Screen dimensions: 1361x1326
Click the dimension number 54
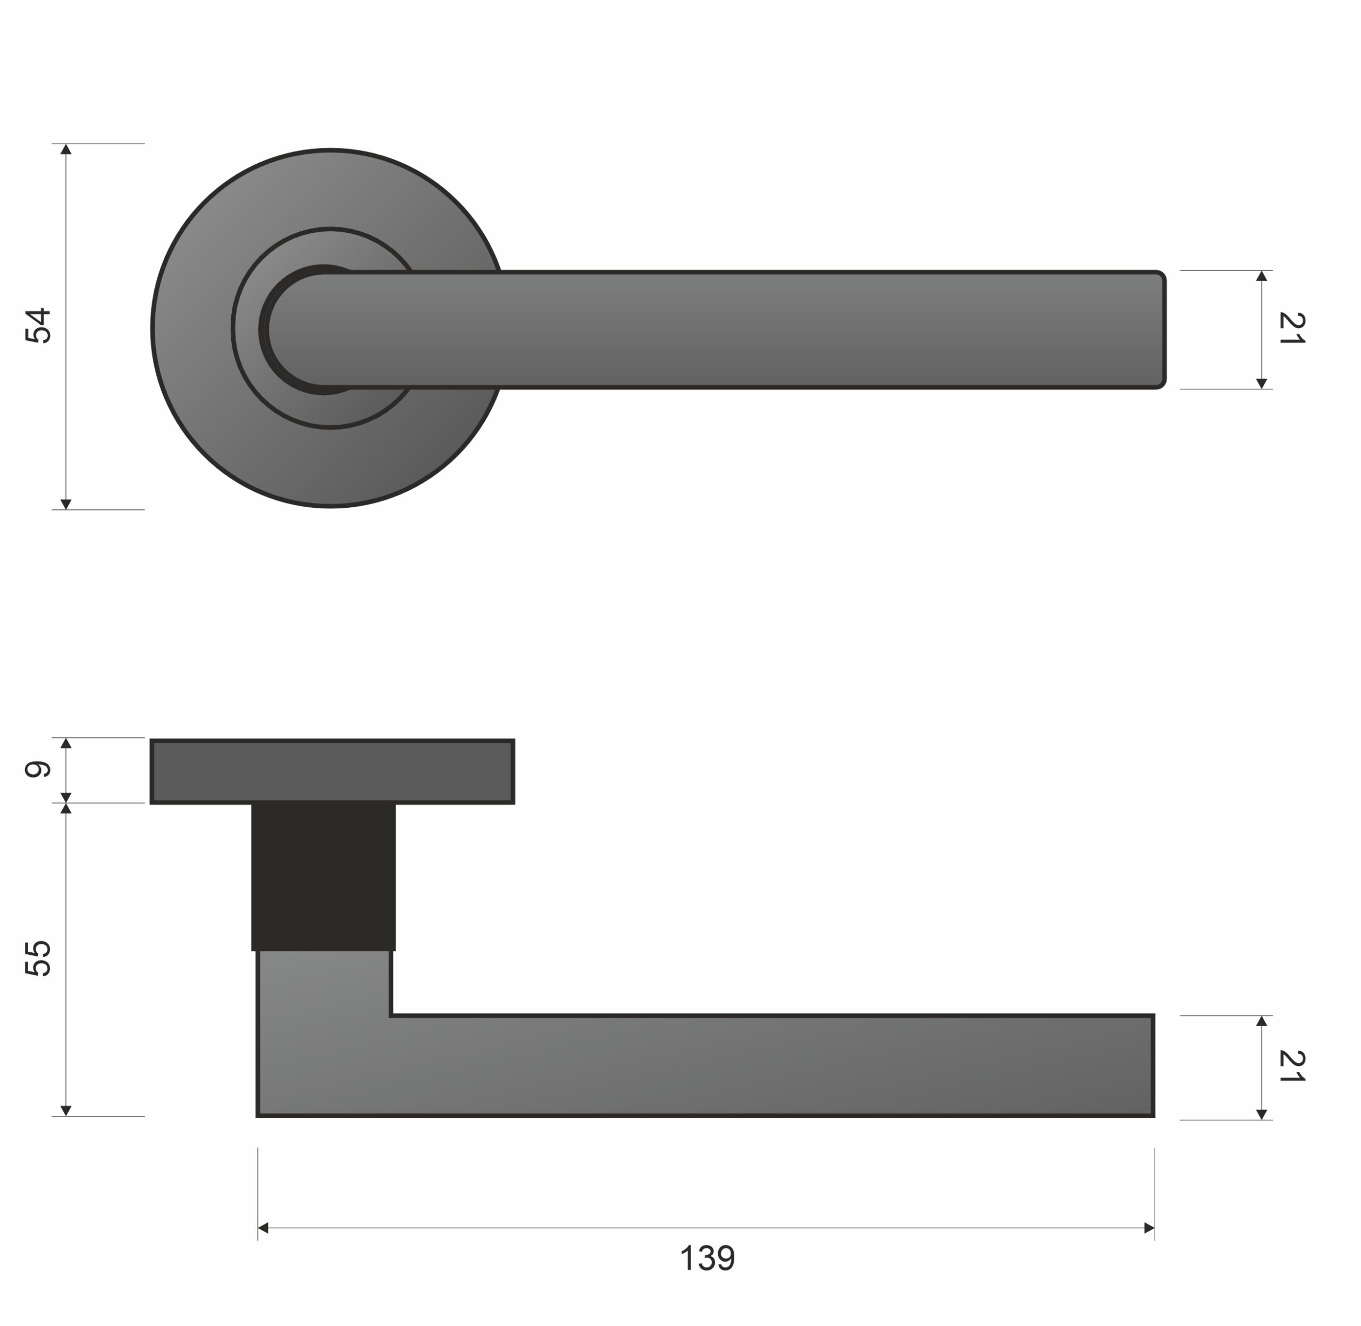coord(38,325)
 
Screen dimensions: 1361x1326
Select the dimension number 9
coord(38,769)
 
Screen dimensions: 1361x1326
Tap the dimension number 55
coord(38,959)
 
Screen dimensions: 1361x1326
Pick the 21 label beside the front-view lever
coord(1292,328)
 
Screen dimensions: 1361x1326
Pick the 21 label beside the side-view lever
coord(1292,1067)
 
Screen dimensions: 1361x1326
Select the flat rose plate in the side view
coord(332,771)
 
